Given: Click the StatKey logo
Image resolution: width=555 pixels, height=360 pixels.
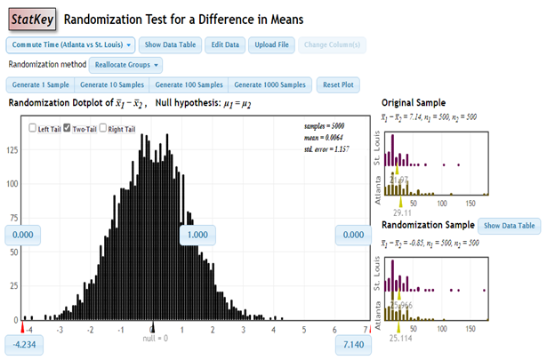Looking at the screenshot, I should [x=30, y=18].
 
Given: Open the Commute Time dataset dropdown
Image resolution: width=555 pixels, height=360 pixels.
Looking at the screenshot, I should [x=71, y=44].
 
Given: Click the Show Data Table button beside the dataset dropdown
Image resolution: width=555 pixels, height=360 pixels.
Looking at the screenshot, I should [x=169, y=44].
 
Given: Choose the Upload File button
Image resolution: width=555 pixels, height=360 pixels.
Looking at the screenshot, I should [x=271, y=44].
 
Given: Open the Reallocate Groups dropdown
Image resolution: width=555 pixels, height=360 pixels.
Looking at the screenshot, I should [x=125, y=65].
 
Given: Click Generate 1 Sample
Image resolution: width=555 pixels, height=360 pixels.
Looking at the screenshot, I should [x=40, y=85].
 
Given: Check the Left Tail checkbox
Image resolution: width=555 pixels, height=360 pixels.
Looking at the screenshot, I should [x=33, y=128].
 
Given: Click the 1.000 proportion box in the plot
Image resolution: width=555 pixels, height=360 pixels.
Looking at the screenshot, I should [x=197, y=235].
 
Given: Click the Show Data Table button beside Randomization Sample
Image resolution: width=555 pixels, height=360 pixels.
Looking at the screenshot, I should [x=508, y=226].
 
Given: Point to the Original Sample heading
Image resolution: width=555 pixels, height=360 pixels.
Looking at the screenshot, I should [x=414, y=102].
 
